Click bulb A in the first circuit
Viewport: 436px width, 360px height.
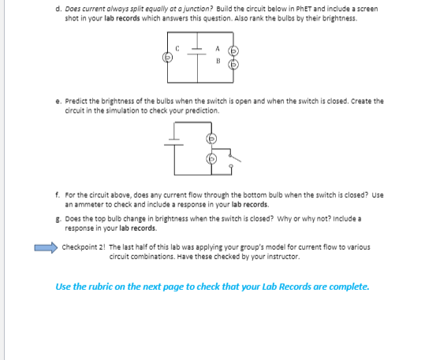[233, 50]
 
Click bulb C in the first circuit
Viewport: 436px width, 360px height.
[166, 58]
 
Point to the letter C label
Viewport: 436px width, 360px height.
[178, 50]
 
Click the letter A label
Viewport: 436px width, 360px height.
[218, 48]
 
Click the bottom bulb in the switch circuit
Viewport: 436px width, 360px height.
[211, 160]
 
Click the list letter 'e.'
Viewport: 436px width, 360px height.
[58, 101]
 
